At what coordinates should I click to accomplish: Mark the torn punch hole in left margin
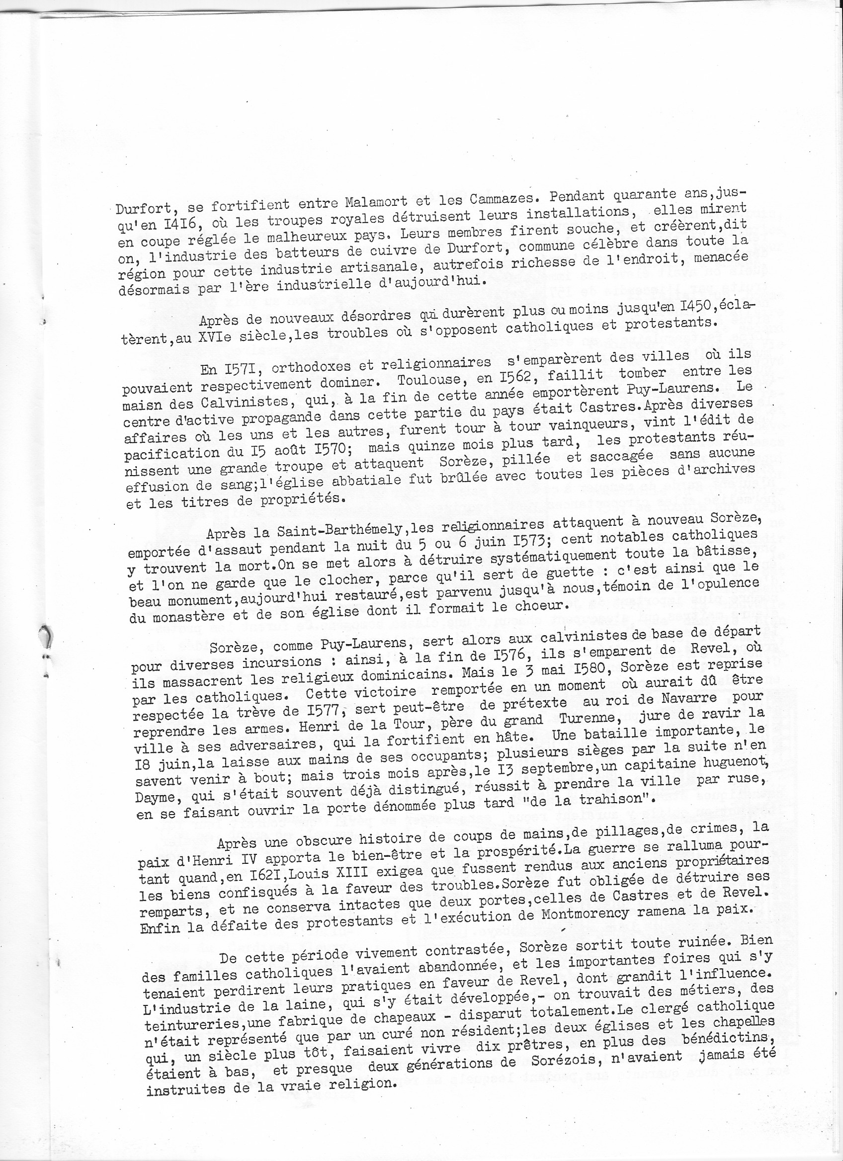pos(46,640)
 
